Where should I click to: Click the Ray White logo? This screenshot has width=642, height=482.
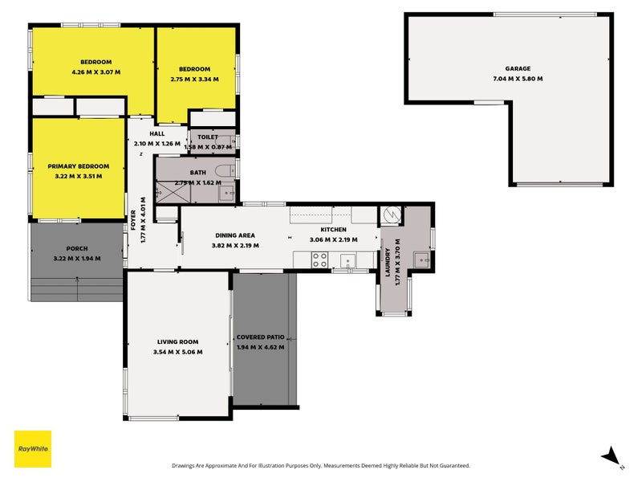point(33,448)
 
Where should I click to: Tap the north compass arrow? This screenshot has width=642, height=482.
point(612,455)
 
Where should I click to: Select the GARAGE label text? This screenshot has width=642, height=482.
point(517,69)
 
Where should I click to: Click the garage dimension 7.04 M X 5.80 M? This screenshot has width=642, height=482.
point(517,79)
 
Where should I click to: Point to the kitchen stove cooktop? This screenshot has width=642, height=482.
point(319,259)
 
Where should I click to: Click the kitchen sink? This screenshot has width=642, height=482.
point(347,259)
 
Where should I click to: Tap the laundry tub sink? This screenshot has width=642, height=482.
point(421,259)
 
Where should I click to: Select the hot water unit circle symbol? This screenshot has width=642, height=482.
point(391,215)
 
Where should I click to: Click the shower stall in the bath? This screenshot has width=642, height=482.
point(170,193)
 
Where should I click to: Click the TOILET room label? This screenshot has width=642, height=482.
point(207,137)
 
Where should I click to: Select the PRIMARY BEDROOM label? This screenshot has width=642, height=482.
point(78,166)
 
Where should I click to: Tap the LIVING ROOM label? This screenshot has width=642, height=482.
point(177,342)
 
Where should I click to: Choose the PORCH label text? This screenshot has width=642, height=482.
point(77,249)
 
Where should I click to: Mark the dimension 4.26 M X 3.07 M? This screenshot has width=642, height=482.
point(95,71)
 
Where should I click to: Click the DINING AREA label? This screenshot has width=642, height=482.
point(235,235)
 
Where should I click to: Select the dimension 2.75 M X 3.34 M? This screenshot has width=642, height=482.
point(196,79)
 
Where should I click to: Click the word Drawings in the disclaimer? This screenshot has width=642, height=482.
point(185,466)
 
